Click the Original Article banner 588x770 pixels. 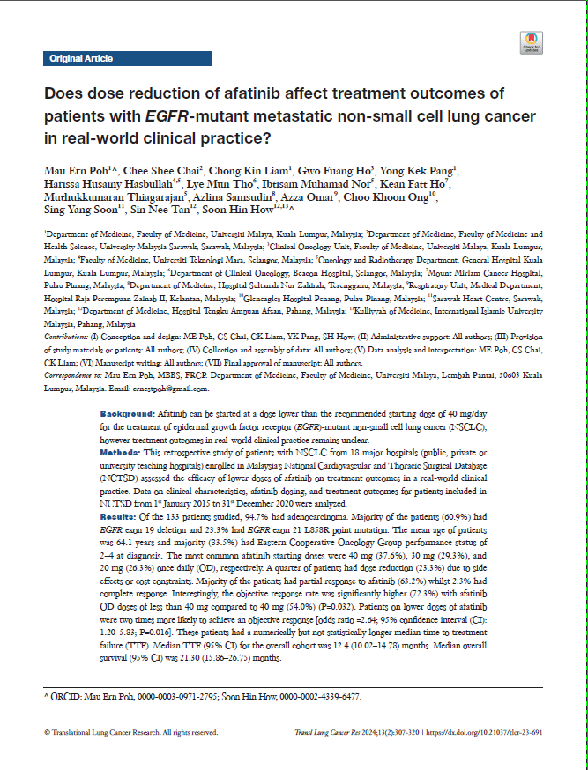(x=81, y=58)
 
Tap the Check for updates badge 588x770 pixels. (x=532, y=41)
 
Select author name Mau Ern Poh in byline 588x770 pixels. (x=73, y=170)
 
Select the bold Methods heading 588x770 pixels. (x=121, y=449)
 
